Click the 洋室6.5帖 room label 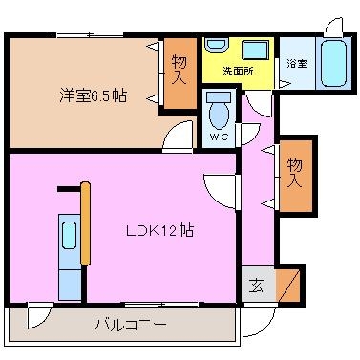point(93,95)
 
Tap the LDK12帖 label point(159,230)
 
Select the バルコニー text point(131,325)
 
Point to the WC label point(220,137)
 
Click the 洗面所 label point(238,71)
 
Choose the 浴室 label point(297,64)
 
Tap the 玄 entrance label point(256,286)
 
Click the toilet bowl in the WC point(219,112)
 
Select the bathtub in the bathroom point(333,63)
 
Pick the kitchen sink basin point(69,235)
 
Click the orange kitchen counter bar point(85,223)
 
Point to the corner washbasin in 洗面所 point(216,45)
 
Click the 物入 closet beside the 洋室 point(180,74)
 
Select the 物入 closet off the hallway point(296,176)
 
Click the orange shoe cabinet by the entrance point(287,286)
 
